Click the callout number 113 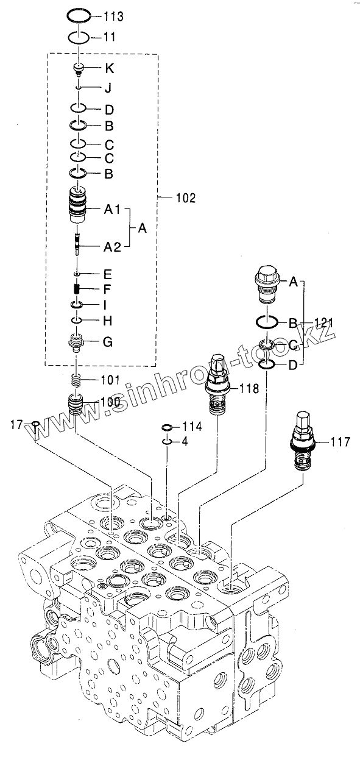pos(113,16)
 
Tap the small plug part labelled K pos(79,69)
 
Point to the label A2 pos(112,247)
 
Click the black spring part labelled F pos(77,289)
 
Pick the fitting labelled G pos(77,343)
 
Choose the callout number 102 pos(186,198)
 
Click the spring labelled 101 pos(77,380)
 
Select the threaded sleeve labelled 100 pos(76,403)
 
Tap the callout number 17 pos(16,424)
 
